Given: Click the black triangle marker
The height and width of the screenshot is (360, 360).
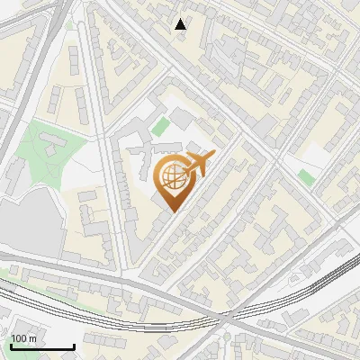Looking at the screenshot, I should [x=181, y=24].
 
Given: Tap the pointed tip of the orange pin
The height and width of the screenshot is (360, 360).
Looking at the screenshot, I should [x=172, y=212].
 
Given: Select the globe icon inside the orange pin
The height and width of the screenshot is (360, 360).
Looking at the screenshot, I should [x=172, y=176].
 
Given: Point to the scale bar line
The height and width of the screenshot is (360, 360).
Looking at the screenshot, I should [x=41, y=347].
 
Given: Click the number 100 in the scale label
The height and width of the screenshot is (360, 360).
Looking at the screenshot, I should [x=19, y=339].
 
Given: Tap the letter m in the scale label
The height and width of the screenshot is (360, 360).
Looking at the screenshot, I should [x=32, y=339].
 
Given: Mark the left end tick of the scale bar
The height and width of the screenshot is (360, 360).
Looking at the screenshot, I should [x=10, y=346].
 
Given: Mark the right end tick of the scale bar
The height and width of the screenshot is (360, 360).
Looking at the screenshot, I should [x=74, y=346].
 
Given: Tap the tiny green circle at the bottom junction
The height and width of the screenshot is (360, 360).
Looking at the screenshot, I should [x=226, y=337].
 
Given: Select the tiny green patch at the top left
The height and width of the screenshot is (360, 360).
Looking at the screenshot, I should [x=69, y=24].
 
